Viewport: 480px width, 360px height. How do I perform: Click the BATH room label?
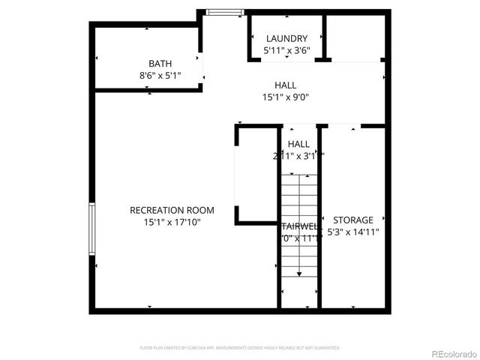click(x=160, y=64)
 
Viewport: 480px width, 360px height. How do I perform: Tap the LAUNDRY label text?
click(x=286, y=39)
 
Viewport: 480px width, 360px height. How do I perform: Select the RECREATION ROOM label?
click(x=172, y=211)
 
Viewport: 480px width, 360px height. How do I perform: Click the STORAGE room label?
click(x=352, y=220)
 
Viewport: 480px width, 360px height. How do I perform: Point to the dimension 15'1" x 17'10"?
click(x=172, y=222)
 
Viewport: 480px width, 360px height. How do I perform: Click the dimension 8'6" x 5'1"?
click(x=160, y=76)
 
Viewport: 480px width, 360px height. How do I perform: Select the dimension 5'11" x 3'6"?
click(x=286, y=51)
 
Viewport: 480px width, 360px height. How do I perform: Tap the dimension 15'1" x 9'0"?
click(x=286, y=97)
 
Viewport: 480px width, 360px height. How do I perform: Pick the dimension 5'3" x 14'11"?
click(x=352, y=232)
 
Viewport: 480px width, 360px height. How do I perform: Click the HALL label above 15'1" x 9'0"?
click(x=286, y=85)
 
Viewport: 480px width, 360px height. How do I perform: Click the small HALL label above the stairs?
click(x=298, y=144)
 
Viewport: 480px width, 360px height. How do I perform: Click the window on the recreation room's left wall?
click(x=91, y=229)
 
